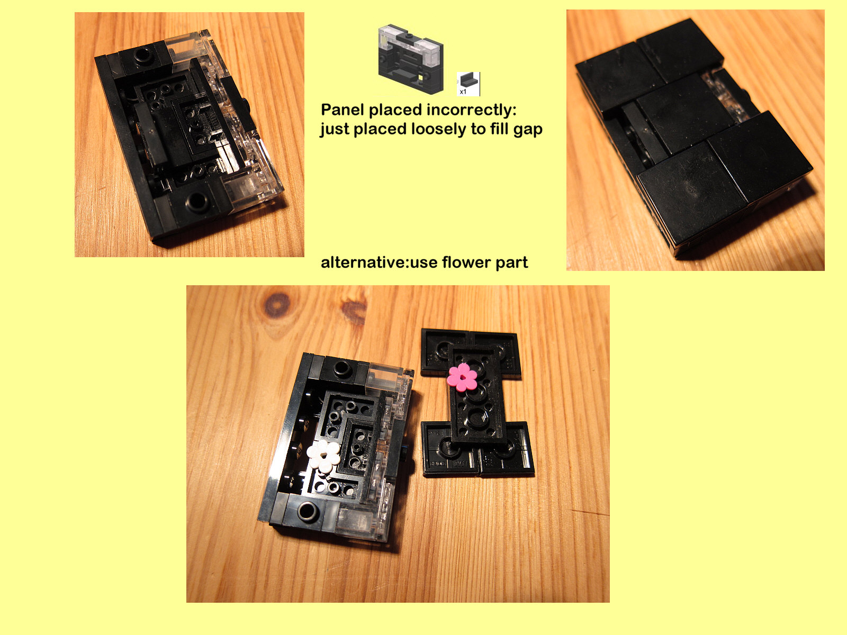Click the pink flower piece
[462, 377]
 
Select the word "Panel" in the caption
[343, 110]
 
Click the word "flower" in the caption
[466, 262]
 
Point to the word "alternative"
[363, 262]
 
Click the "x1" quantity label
[463, 92]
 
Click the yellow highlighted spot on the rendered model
[420, 77]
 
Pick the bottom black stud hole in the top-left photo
[197, 201]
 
